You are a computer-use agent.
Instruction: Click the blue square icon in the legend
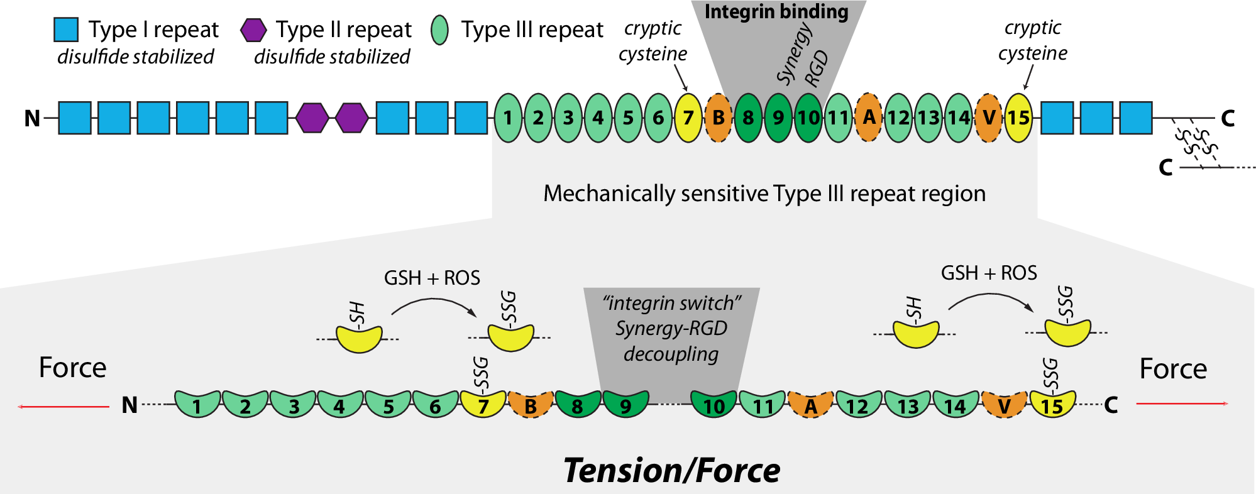(x=66, y=30)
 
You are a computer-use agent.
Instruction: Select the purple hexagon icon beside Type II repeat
(x=253, y=30)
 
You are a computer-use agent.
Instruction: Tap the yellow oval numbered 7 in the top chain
(x=688, y=118)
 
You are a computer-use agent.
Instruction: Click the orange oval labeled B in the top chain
(x=718, y=118)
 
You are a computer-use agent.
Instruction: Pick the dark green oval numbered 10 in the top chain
(x=808, y=118)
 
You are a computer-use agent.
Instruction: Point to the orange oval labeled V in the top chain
(x=989, y=118)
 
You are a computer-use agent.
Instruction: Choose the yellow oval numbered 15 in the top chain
(x=1018, y=118)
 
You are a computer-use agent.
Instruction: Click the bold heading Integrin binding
(x=776, y=12)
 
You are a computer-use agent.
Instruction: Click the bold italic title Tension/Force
(x=672, y=470)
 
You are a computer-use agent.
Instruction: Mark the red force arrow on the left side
(x=63, y=407)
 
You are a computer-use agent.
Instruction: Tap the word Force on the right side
(x=1173, y=369)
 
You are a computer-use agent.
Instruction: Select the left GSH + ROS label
(x=432, y=278)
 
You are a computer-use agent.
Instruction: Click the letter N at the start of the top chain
(x=32, y=118)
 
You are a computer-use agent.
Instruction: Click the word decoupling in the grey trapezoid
(x=671, y=354)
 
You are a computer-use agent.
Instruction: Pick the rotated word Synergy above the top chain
(x=794, y=53)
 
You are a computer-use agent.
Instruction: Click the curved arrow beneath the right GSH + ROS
(x=990, y=295)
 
